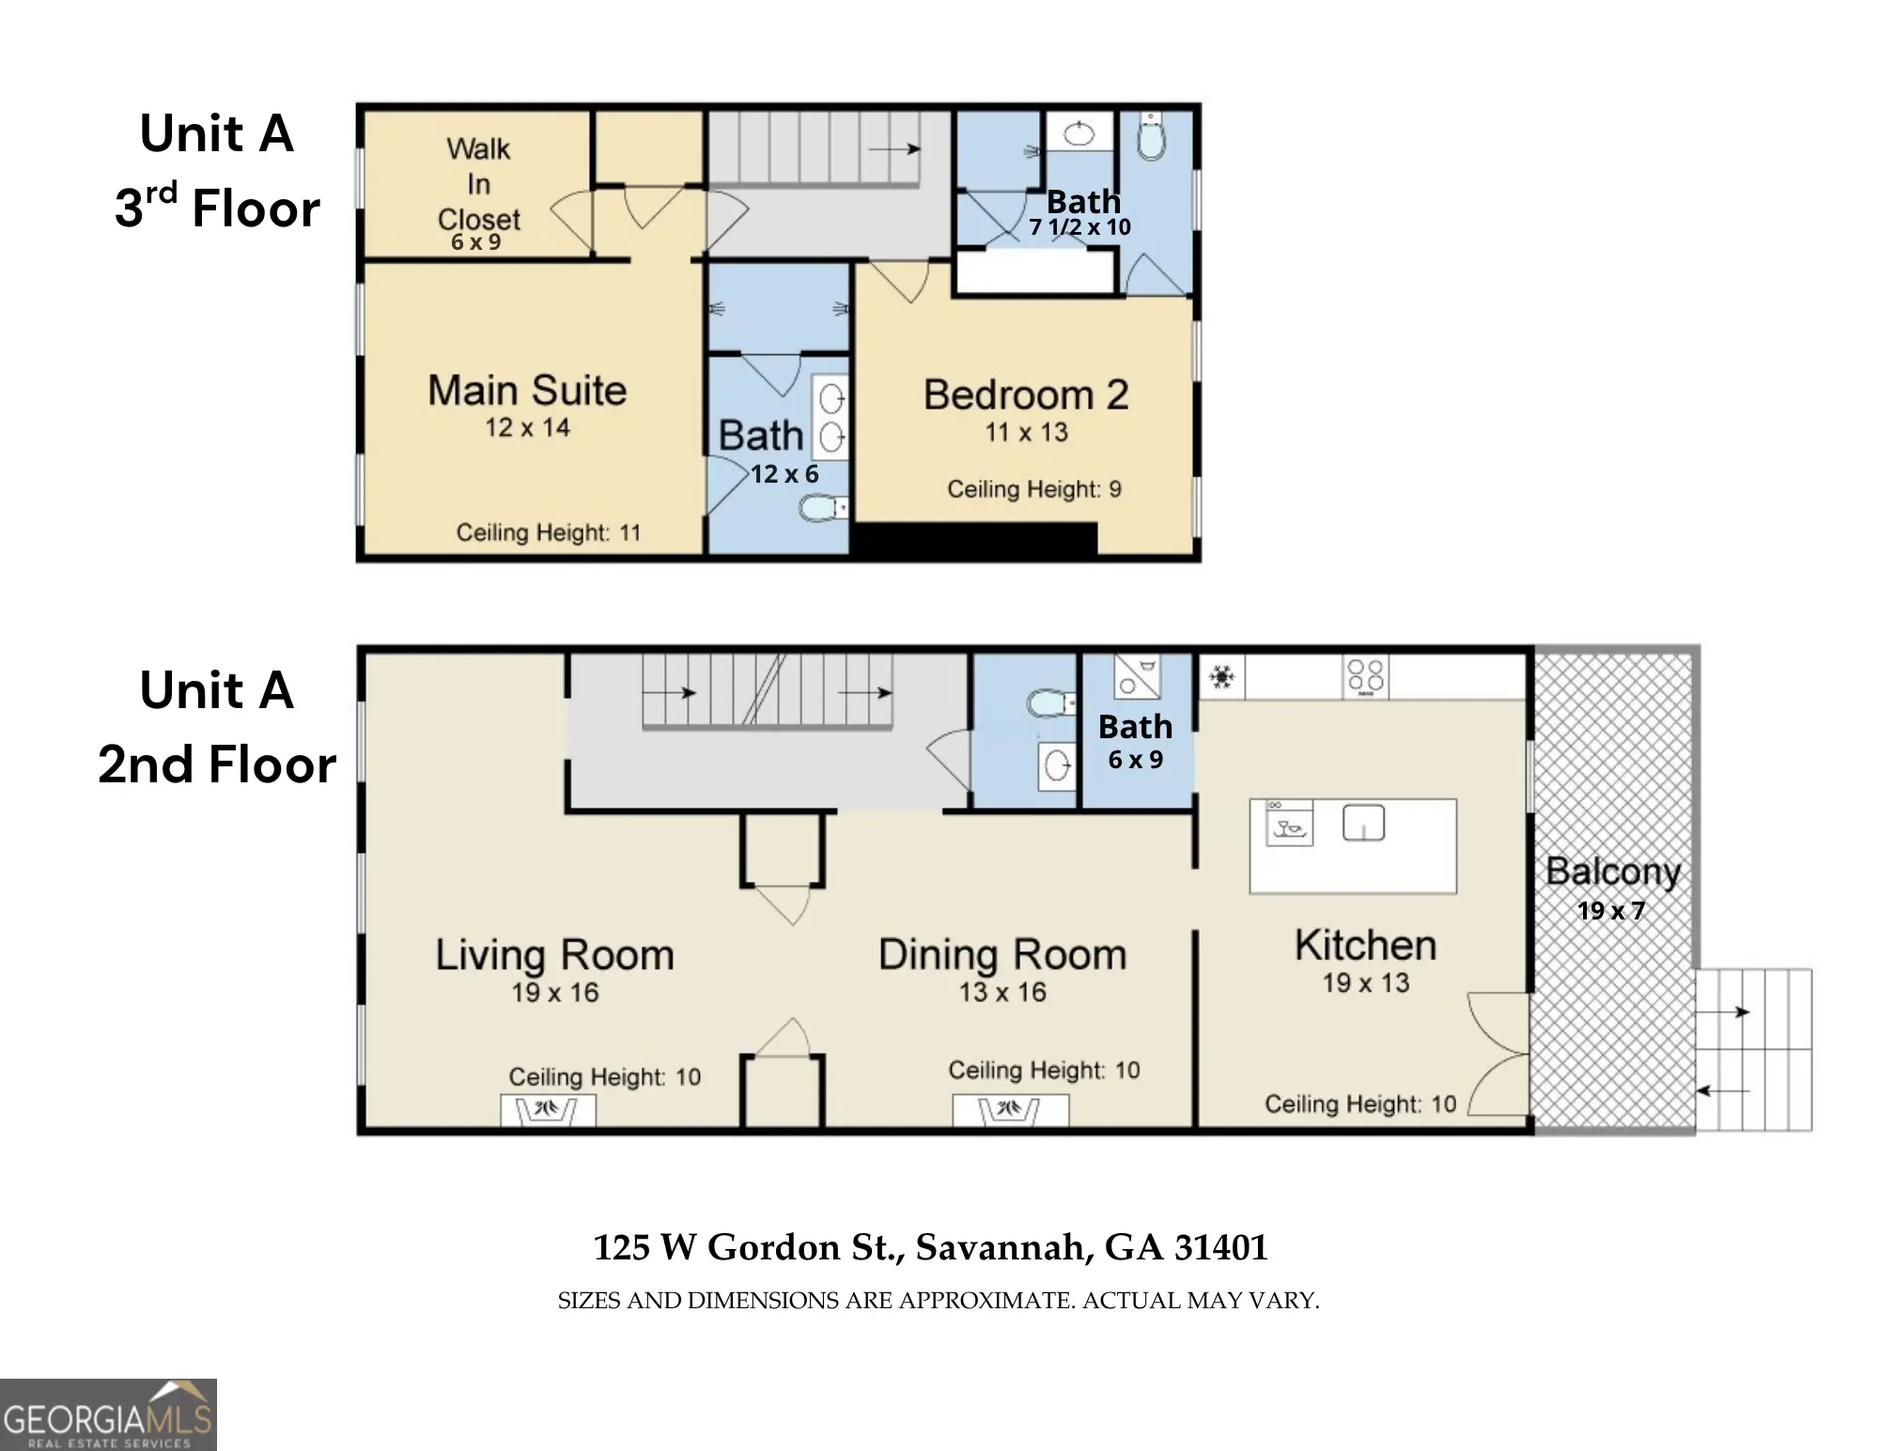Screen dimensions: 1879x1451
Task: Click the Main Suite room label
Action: [x=527, y=391]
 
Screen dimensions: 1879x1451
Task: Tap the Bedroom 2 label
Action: [x=1026, y=395]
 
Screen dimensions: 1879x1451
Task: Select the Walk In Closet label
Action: [x=479, y=184]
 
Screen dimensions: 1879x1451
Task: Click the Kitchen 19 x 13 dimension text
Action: [x=1366, y=983]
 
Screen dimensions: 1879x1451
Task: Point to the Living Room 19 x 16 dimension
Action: [x=555, y=993]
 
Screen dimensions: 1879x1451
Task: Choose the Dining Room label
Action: [x=1002, y=955]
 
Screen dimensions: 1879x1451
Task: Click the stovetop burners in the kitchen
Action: [x=1365, y=677]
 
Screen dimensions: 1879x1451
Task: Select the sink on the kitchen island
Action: [x=1363, y=824]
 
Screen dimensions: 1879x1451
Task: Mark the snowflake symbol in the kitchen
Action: [x=1221, y=676]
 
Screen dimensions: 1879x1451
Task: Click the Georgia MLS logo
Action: [x=108, y=1414]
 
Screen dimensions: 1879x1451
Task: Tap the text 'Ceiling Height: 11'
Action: [x=549, y=533]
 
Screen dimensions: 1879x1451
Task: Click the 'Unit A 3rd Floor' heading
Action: [x=217, y=170]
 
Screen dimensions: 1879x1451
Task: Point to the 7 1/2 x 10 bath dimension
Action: [x=1079, y=226]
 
